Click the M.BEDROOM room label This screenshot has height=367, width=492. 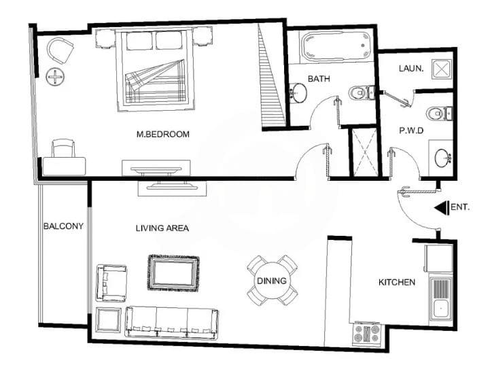(163, 135)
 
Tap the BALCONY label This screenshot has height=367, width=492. (63, 226)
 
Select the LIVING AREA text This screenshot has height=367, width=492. (162, 228)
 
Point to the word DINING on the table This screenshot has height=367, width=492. (272, 281)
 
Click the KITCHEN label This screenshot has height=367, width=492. (397, 282)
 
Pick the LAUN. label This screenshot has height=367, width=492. (411, 69)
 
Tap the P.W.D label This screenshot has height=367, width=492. (411, 130)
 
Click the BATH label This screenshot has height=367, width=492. (319, 78)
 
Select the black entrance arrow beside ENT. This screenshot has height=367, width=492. (442, 207)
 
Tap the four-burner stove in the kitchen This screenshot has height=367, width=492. (366, 334)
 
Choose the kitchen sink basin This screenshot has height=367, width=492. (441, 309)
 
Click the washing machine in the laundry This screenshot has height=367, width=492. (441, 69)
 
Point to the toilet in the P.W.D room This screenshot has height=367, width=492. (439, 113)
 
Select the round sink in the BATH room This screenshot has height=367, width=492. (298, 93)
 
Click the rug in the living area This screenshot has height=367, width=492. (173, 273)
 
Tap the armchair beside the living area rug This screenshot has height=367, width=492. (111, 283)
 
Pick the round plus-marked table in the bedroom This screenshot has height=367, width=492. (55, 77)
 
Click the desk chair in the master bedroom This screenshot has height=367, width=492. (63, 148)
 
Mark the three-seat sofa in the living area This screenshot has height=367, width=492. (172, 322)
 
